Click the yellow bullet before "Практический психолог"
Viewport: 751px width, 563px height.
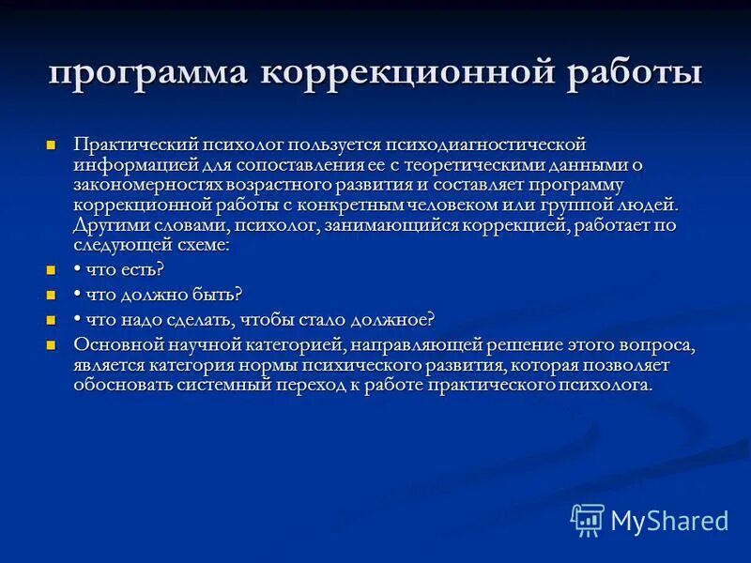[52, 145]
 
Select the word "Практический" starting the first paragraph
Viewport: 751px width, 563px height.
[125, 145]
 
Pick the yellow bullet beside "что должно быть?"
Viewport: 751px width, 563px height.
[52, 295]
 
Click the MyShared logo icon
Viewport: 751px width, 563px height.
[588, 519]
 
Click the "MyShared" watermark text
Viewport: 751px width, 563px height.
[668, 521]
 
